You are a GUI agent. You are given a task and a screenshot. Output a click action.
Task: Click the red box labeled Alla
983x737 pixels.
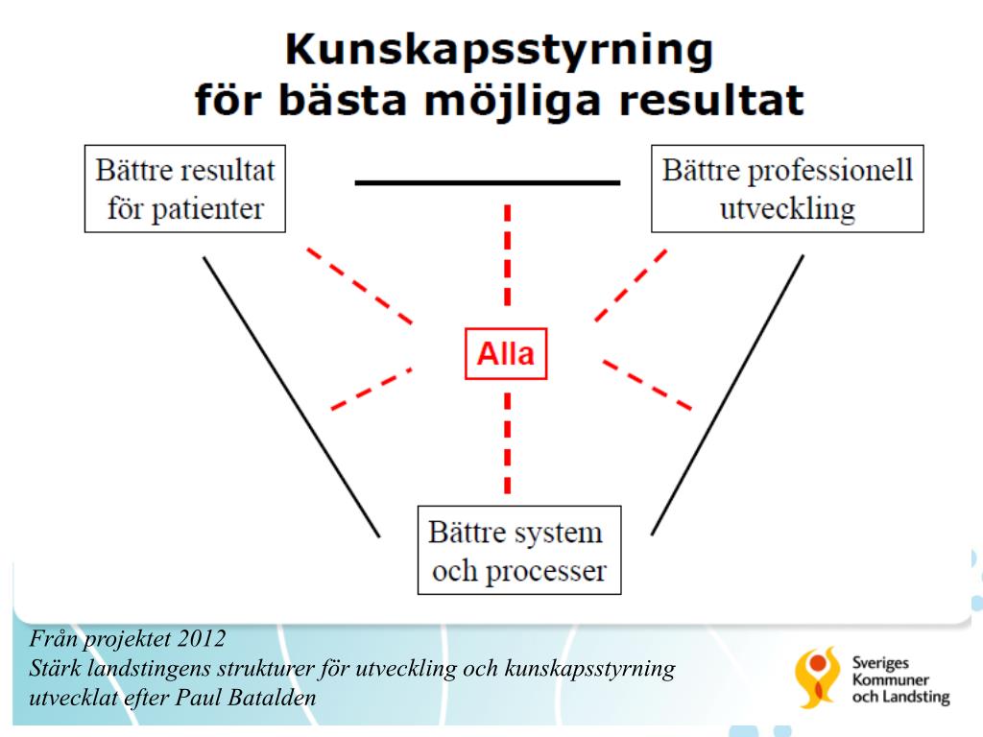[x=506, y=354]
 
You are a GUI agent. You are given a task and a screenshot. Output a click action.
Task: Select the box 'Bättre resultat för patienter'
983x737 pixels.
[x=185, y=188]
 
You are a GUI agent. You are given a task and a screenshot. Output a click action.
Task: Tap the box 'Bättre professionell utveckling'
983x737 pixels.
[x=787, y=188]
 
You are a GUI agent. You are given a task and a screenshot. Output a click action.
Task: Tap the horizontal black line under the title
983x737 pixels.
[x=488, y=182]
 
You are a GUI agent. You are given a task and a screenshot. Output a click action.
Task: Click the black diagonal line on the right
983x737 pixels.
[x=728, y=393]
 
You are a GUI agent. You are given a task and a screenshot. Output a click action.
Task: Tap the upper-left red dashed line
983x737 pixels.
[x=360, y=286]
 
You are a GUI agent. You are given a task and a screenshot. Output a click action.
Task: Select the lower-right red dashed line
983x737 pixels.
[x=648, y=385]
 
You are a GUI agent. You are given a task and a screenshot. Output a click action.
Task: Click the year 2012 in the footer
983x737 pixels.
[x=208, y=637]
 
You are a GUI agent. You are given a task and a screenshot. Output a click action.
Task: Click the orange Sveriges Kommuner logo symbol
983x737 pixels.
[x=817, y=677]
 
